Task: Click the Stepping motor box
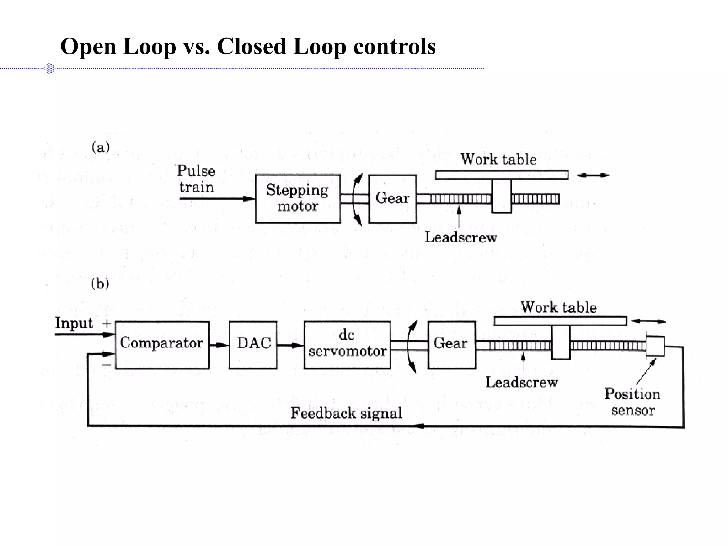(298, 198)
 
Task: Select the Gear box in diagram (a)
(392, 198)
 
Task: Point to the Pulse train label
(196, 179)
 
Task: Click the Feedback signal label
(346, 413)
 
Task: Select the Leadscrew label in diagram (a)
(461, 237)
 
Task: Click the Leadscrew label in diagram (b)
(521, 382)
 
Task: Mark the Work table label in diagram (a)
(499, 159)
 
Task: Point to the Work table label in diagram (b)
(559, 307)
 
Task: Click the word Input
(74, 323)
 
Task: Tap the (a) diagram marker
(101, 147)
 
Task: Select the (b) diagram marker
(100, 284)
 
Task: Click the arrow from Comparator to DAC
(219, 345)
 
